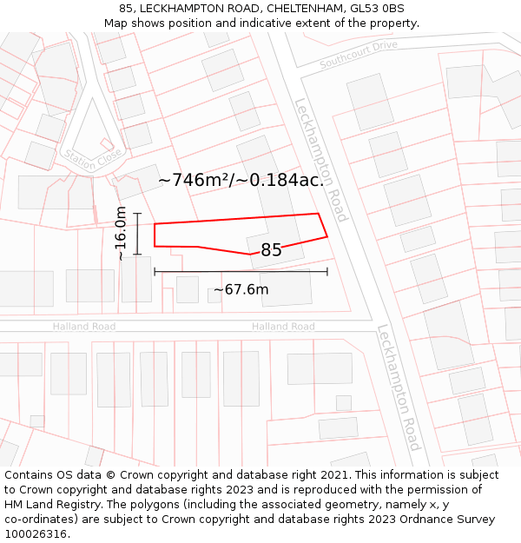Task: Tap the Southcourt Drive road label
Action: pyautogui.click(x=358, y=54)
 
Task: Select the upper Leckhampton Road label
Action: pyautogui.click(x=320, y=160)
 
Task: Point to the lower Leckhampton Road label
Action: pyautogui.click(x=399, y=387)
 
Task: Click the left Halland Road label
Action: pyautogui.click(x=83, y=327)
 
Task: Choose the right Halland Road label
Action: pyautogui.click(x=283, y=327)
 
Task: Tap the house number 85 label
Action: pyautogui.click(x=271, y=250)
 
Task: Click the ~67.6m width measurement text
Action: pyautogui.click(x=241, y=290)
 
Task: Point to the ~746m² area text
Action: pyautogui.click(x=241, y=180)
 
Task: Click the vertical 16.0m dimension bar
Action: pyautogui.click(x=137, y=234)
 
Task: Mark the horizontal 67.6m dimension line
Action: pyautogui.click(x=241, y=272)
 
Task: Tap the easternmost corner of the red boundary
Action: pyautogui.click(x=327, y=235)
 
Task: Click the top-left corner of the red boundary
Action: pyautogui.click(x=155, y=224)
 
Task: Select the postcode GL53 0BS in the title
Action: pyautogui.click(x=377, y=9)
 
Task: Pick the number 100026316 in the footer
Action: pyautogui.click(x=36, y=534)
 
